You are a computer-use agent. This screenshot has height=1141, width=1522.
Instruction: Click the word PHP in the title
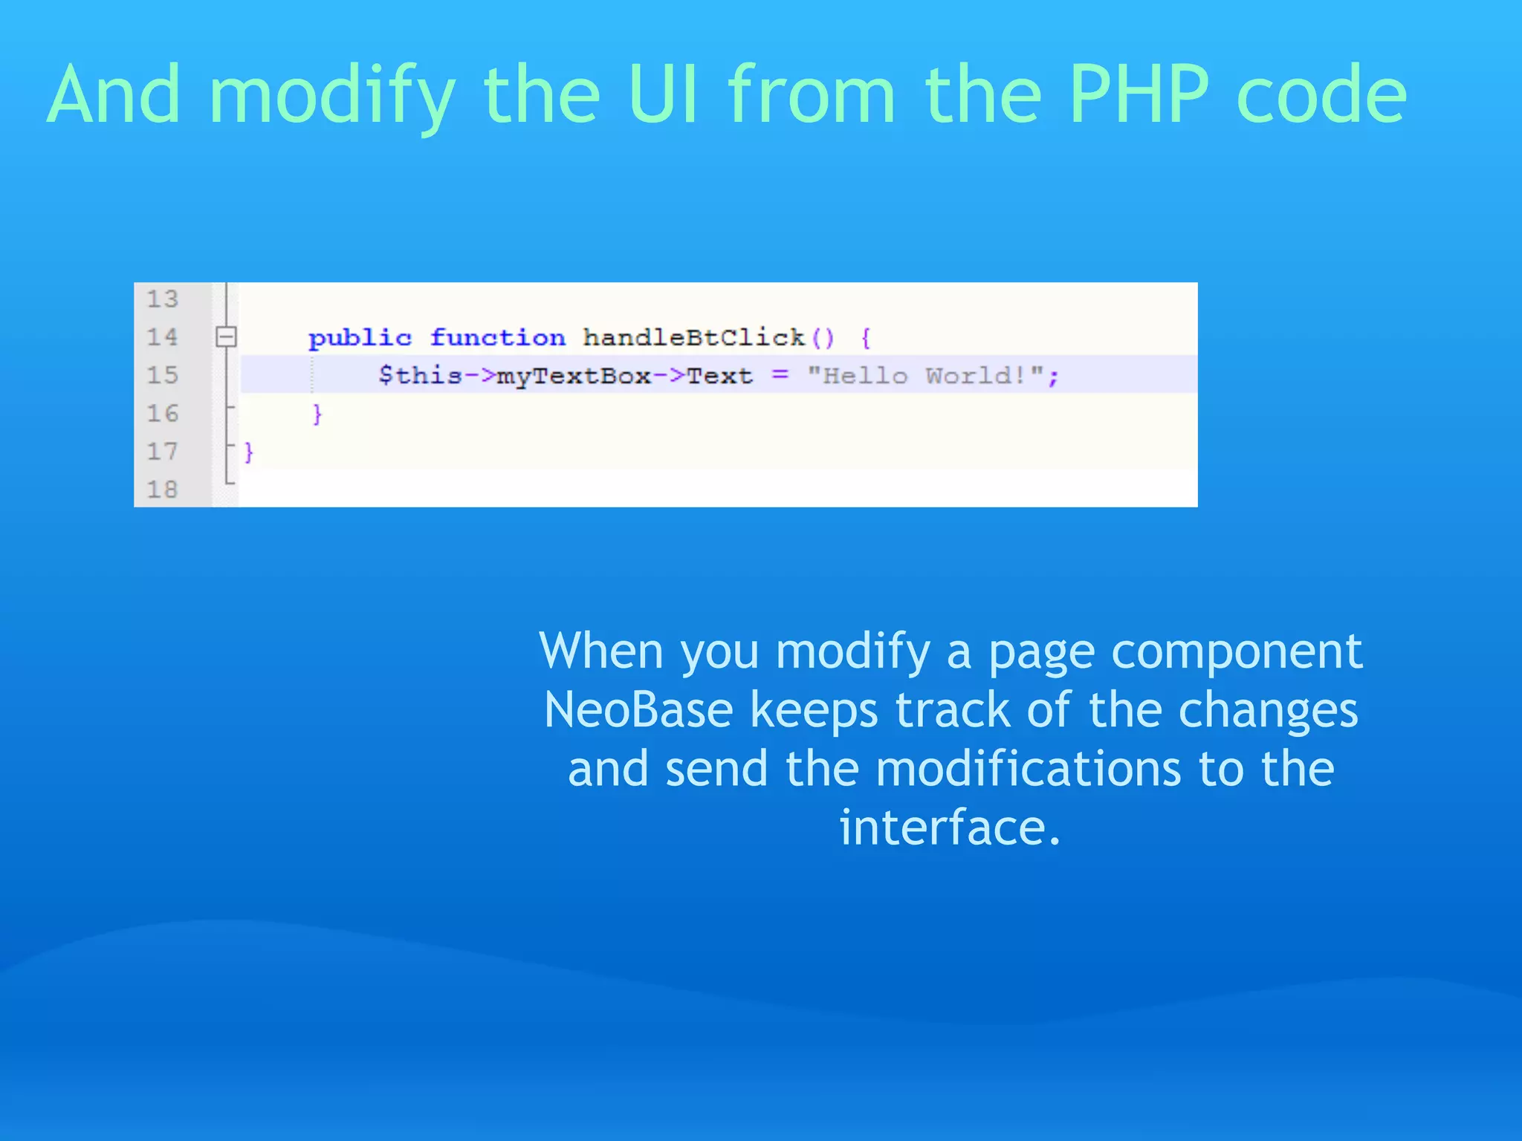[1140, 94]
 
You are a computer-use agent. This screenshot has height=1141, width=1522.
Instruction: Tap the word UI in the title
[663, 94]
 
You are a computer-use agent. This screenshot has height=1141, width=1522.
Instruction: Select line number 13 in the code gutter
[162, 299]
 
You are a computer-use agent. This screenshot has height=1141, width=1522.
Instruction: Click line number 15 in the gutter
[162, 375]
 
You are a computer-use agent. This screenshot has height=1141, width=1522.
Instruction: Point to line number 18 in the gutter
[162, 490]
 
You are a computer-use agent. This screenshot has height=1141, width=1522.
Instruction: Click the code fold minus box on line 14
[226, 337]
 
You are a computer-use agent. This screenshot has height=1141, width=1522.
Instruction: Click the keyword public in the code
[360, 338]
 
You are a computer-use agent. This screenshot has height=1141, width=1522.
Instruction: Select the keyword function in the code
[497, 338]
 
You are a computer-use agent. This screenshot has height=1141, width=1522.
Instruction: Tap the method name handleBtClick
[693, 338]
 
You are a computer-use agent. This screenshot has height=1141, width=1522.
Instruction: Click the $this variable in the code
[420, 375]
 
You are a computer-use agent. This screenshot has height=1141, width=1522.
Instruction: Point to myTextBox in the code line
[574, 376]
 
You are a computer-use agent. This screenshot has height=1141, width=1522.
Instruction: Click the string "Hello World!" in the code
[925, 375]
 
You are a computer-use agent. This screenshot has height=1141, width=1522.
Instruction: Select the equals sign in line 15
[780, 374]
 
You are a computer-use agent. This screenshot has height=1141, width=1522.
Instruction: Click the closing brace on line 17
[249, 452]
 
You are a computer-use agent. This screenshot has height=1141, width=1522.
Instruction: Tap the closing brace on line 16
[317, 414]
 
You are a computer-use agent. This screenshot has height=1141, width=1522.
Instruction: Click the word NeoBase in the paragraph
[638, 709]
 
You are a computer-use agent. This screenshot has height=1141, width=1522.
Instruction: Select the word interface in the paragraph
[949, 828]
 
